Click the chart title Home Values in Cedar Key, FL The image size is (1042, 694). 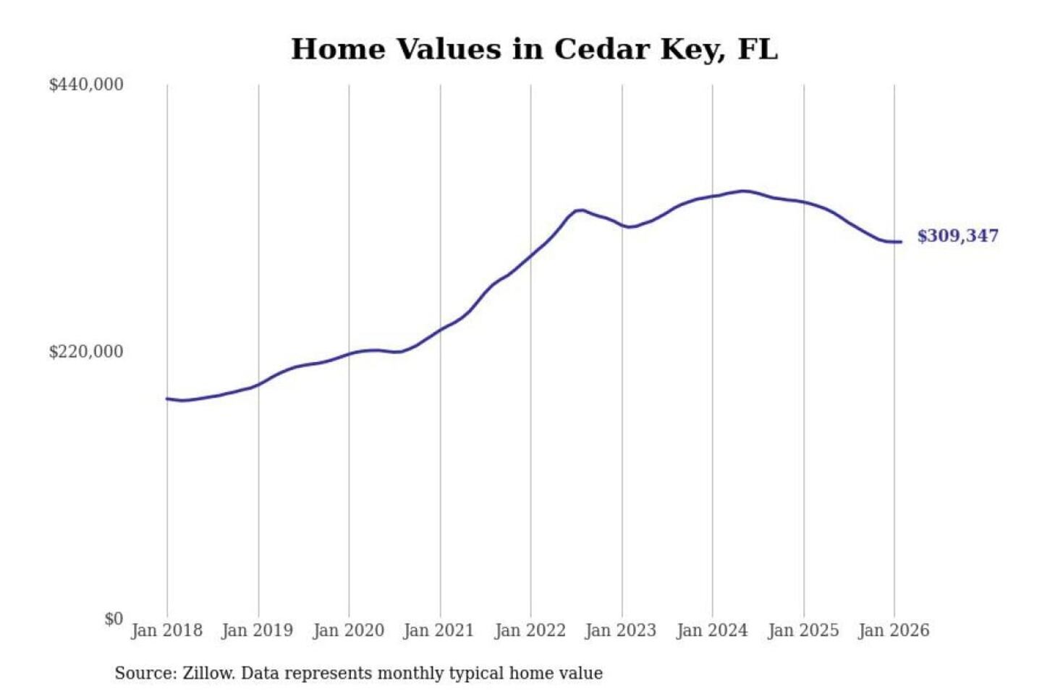click(x=534, y=49)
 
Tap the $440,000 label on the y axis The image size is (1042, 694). click(x=86, y=85)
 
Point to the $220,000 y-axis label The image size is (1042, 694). click(x=86, y=352)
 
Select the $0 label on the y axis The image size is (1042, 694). click(x=114, y=619)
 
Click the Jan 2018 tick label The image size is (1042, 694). click(x=166, y=630)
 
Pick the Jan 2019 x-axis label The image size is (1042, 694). click(x=258, y=630)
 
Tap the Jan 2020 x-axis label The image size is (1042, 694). click(x=348, y=630)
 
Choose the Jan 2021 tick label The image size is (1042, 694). click(x=439, y=630)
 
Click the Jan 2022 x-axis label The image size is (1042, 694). click(x=530, y=630)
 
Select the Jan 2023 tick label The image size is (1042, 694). click(x=621, y=630)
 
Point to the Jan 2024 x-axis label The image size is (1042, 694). click(x=712, y=630)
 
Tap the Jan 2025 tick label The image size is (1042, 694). click(x=803, y=630)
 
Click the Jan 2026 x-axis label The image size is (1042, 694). click(x=894, y=630)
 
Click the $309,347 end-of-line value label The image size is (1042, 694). click(x=957, y=236)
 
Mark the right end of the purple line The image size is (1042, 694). click(x=901, y=242)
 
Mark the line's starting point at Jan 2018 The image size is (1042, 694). click(x=167, y=398)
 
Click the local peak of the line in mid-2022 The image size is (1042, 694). click(x=580, y=210)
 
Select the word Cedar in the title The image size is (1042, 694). click(x=602, y=49)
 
